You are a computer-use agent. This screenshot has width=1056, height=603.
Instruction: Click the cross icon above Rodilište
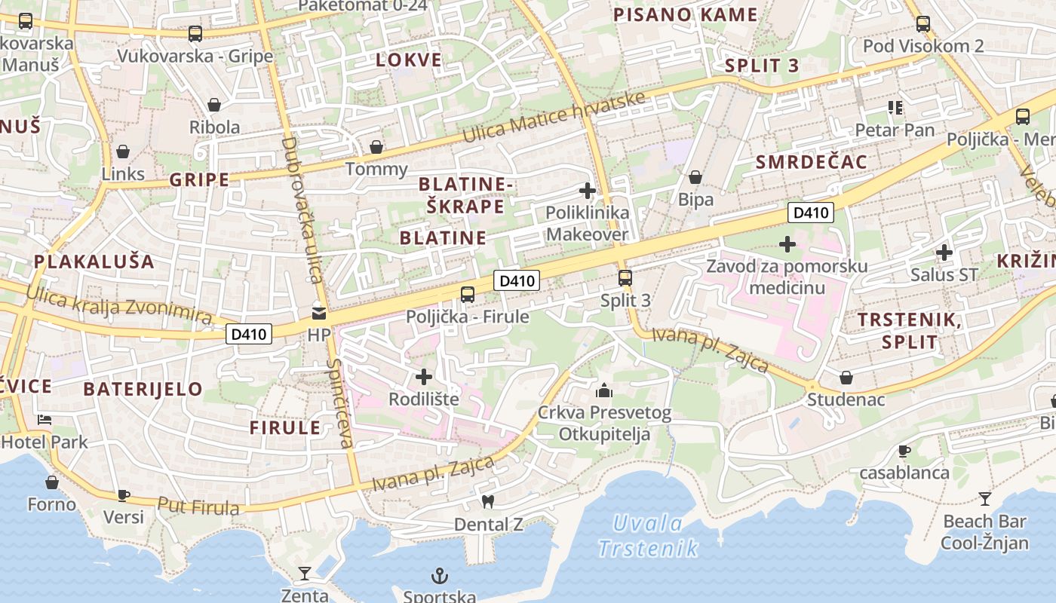click(x=425, y=376)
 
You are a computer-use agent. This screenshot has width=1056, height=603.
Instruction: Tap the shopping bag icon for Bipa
click(x=695, y=178)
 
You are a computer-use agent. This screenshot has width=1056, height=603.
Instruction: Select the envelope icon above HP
click(x=320, y=313)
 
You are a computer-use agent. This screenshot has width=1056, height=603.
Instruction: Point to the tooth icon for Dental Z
click(x=488, y=501)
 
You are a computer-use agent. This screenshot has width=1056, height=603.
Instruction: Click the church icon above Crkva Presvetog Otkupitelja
click(x=603, y=390)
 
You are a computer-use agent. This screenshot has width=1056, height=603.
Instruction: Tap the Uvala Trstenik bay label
click(x=648, y=535)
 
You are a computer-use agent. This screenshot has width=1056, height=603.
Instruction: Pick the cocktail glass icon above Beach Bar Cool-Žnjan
click(x=985, y=498)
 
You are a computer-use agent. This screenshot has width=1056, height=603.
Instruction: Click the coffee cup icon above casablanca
click(x=904, y=451)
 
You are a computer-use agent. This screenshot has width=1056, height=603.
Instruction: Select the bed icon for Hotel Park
click(x=45, y=419)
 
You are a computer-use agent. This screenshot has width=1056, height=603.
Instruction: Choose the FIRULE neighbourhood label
click(x=285, y=428)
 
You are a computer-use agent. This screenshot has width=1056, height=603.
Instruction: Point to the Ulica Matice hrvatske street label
click(x=554, y=118)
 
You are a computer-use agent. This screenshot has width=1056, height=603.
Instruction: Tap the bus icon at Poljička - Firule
click(x=468, y=295)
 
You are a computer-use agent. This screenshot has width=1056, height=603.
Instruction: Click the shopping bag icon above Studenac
click(x=846, y=377)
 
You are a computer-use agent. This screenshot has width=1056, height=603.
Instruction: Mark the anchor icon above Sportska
click(x=439, y=577)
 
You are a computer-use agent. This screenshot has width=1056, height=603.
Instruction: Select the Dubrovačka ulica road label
click(x=302, y=210)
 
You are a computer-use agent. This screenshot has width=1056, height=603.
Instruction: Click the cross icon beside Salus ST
click(x=944, y=253)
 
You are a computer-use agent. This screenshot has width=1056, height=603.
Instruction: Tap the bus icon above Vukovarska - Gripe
click(x=195, y=33)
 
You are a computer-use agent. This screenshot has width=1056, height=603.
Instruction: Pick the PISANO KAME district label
click(x=685, y=15)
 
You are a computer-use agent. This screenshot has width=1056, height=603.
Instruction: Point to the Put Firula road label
click(x=198, y=506)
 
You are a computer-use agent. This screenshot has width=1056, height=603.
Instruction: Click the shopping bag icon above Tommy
click(x=376, y=147)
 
